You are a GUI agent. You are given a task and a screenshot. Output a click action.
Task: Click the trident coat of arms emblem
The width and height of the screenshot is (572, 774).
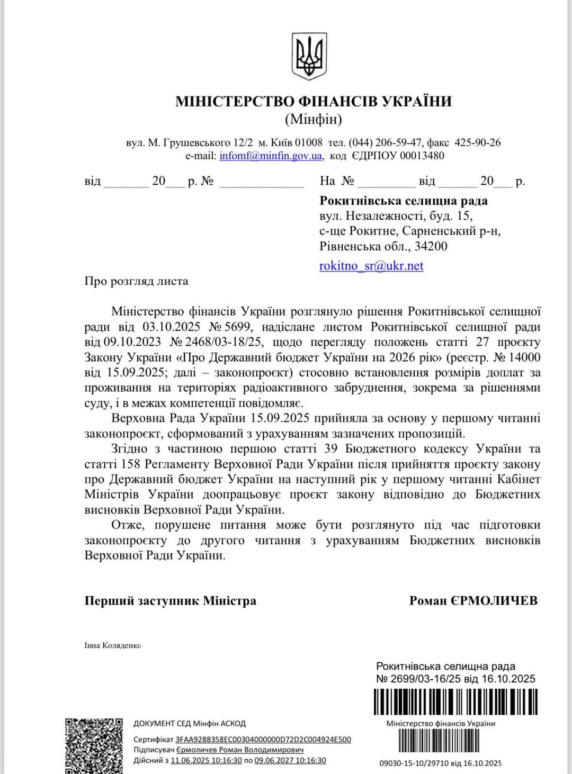coord(309,57)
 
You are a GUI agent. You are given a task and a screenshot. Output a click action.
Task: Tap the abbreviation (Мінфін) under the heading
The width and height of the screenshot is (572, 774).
coord(314,119)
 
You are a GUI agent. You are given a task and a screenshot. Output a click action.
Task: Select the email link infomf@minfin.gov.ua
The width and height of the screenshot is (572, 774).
coord(271,156)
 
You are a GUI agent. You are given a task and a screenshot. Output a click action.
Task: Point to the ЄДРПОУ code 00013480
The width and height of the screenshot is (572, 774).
coord(422,156)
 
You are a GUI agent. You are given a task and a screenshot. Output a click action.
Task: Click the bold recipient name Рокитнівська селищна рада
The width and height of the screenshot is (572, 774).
coord(404,201)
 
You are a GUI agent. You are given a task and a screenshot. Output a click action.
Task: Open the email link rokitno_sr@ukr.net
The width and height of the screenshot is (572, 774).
coord(371,266)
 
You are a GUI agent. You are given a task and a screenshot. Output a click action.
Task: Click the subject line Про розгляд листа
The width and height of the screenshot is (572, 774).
coord(136,281)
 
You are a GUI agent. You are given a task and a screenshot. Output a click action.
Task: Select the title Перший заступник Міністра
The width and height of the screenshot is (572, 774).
coord(170,600)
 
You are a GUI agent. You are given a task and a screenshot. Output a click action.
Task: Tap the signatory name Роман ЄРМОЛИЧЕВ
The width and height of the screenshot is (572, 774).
coord(473,600)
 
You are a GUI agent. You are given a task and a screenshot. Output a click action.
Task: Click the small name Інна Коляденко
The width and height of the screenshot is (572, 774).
coord(113,645)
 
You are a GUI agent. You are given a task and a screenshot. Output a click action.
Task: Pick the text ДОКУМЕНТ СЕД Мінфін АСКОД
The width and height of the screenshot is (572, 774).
coord(189,723)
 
